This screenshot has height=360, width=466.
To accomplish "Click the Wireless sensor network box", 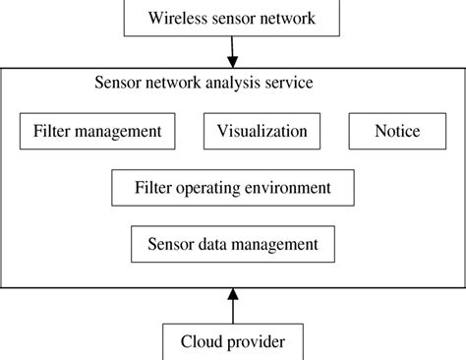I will click(x=232, y=17).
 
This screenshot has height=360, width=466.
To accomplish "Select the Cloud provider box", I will click(x=233, y=342).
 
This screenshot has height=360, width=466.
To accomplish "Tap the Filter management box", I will click(x=97, y=131).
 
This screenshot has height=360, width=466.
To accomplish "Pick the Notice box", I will click(x=397, y=131).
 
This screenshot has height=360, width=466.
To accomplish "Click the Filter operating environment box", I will click(x=233, y=186).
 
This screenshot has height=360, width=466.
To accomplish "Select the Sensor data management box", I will click(x=232, y=242).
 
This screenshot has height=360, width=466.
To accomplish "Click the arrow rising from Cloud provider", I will click(x=233, y=306).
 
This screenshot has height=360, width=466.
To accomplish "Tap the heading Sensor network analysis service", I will click(x=204, y=83).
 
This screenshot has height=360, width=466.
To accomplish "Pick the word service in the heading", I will click(x=291, y=83).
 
